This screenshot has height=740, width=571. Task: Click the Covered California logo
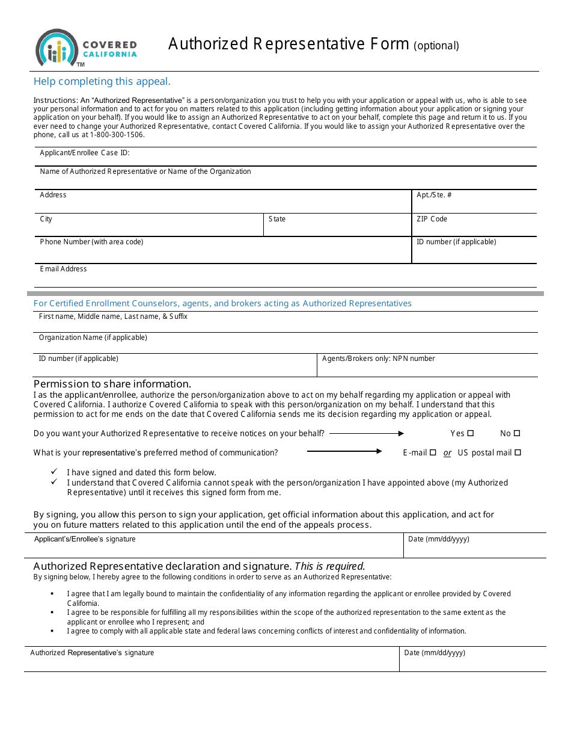click(x=86, y=48)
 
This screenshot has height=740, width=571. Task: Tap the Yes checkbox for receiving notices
click(x=471, y=433)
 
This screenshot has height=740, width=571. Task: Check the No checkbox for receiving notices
click(x=517, y=433)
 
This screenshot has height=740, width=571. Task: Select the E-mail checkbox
click(x=433, y=452)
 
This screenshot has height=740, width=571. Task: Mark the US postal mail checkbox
click(x=518, y=452)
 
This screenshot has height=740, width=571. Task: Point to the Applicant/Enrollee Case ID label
click(x=85, y=153)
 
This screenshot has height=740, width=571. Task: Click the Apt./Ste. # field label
click(x=434, y=195)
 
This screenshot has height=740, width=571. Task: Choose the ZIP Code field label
click(x=432, y=219)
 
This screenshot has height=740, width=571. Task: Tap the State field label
click(x=277, y=219)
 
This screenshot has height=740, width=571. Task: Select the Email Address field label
click(x=63, y=269)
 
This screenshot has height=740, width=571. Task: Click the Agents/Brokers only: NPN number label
click(x=378, y=359)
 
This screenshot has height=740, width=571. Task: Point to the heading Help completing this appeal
click(x=102, y=82)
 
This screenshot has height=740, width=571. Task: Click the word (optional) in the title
click(x=436, y=46)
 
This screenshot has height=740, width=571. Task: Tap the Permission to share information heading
click(x=112, y=384)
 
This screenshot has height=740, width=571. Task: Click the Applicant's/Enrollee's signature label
click(x=85, y=539)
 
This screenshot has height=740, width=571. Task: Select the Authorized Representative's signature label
click(x=92, y=653)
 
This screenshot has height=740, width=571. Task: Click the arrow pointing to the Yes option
click(x=367, y=433)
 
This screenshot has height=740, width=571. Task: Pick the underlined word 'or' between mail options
click(x=447, y=453)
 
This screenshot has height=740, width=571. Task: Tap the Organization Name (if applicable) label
click(x=93, y=338)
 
